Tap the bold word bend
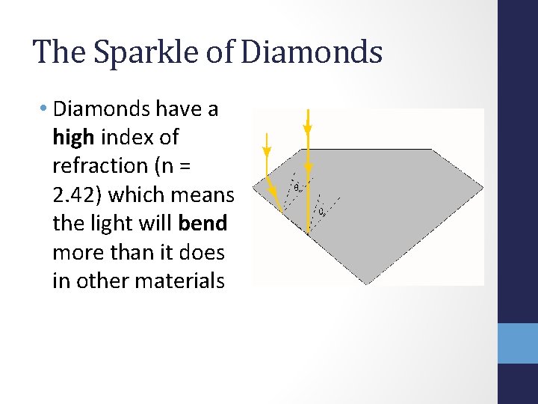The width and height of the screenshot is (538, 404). point(202,224)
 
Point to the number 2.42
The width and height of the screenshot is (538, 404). point(78,195)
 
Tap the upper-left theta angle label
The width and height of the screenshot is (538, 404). point(297,188)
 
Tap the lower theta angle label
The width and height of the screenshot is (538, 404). point(321,212)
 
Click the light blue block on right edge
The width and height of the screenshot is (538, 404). point(517,343)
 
